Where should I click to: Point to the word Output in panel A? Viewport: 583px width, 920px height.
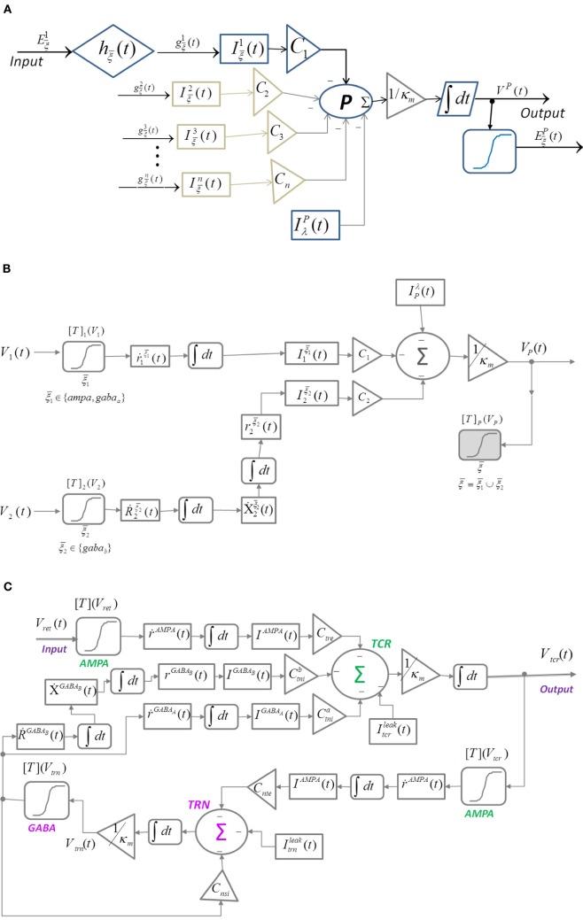[x=519, y=112]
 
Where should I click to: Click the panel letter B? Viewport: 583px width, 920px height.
[x=7, y=263]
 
